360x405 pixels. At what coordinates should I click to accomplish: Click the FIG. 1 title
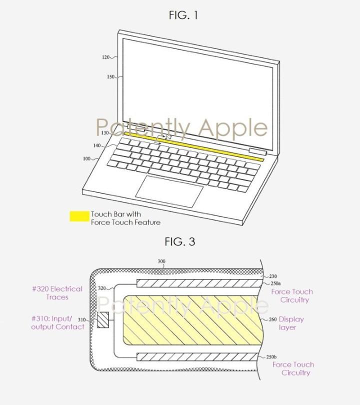point(183,15)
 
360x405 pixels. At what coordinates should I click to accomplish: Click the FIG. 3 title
point(180,242)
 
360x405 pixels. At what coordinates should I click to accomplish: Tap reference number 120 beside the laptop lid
point(105,57)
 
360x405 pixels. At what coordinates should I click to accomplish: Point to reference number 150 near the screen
point(110,77)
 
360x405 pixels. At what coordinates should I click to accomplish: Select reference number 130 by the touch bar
point(104,133)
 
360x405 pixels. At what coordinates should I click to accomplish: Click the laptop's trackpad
point(169,191)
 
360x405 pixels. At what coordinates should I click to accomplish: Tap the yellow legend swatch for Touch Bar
point(79,216)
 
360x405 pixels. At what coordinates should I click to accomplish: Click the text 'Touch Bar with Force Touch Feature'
point(125,218)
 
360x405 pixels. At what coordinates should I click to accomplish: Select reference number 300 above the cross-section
point(161,261)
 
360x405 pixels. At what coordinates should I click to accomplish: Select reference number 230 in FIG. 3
point(272,276)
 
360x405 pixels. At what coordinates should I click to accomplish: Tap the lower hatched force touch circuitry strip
point(198,357)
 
